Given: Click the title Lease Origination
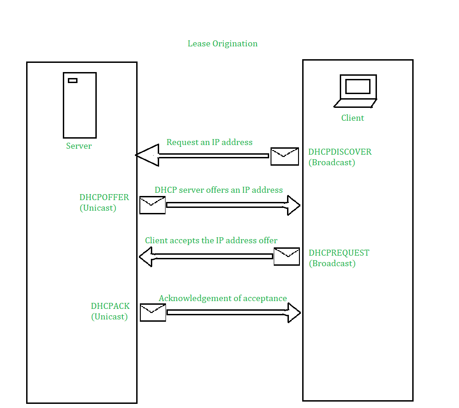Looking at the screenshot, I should [222, 44].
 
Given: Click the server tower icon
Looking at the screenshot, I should [80, 105].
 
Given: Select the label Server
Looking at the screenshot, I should [79, 146].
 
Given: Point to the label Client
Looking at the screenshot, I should [353, 118].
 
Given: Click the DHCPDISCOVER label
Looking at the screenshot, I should [340, 152].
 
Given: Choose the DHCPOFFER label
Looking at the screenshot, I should [104, 198].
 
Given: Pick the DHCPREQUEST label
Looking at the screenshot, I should [339, 253].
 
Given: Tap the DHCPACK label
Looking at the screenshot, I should [110, 306].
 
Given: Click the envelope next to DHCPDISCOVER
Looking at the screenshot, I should [285, 156].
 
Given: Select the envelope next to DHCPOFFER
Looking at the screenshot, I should [153, 205].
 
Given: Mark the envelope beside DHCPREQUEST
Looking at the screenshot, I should [287, 257].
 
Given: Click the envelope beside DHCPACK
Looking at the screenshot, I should [153, 313].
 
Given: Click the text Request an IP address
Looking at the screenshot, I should [210, 142].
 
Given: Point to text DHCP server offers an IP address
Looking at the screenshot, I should [219, 190].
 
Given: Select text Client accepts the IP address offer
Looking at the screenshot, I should [211, 240].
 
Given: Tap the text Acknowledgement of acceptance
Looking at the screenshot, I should [223, 298].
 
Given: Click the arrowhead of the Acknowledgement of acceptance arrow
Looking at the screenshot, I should [294, 313].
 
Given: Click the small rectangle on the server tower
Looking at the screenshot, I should [72, 81].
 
